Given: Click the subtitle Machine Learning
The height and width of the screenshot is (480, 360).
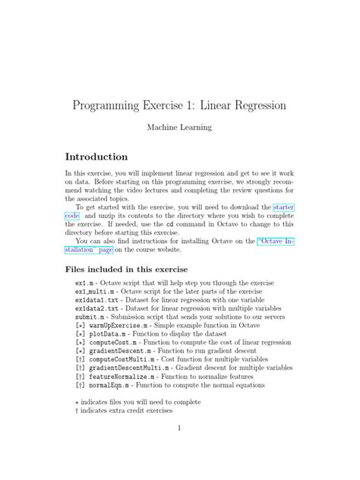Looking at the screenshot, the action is point(179,129).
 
